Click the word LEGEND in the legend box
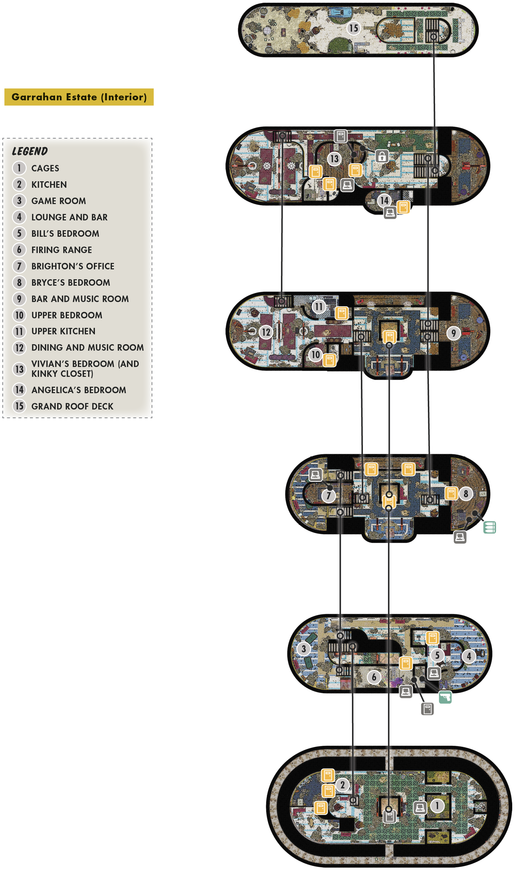click(30, 151)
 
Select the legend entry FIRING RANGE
click(62, 250)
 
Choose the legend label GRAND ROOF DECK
click(72, 406)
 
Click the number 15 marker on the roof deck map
click(354, 28)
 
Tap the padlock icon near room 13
click(382, 156)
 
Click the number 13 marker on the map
click(334, 159)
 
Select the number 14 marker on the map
click(384, 200)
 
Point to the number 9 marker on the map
click(454, 333)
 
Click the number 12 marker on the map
click(266, 332)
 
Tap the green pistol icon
click(445, 697)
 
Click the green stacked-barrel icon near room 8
click(489, 527)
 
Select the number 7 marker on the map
click(329, 495)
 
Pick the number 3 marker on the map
click(304, 649)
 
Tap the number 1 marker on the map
click(437, 806)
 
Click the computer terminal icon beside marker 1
click(420, 808)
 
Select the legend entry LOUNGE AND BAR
click(69, 217)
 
